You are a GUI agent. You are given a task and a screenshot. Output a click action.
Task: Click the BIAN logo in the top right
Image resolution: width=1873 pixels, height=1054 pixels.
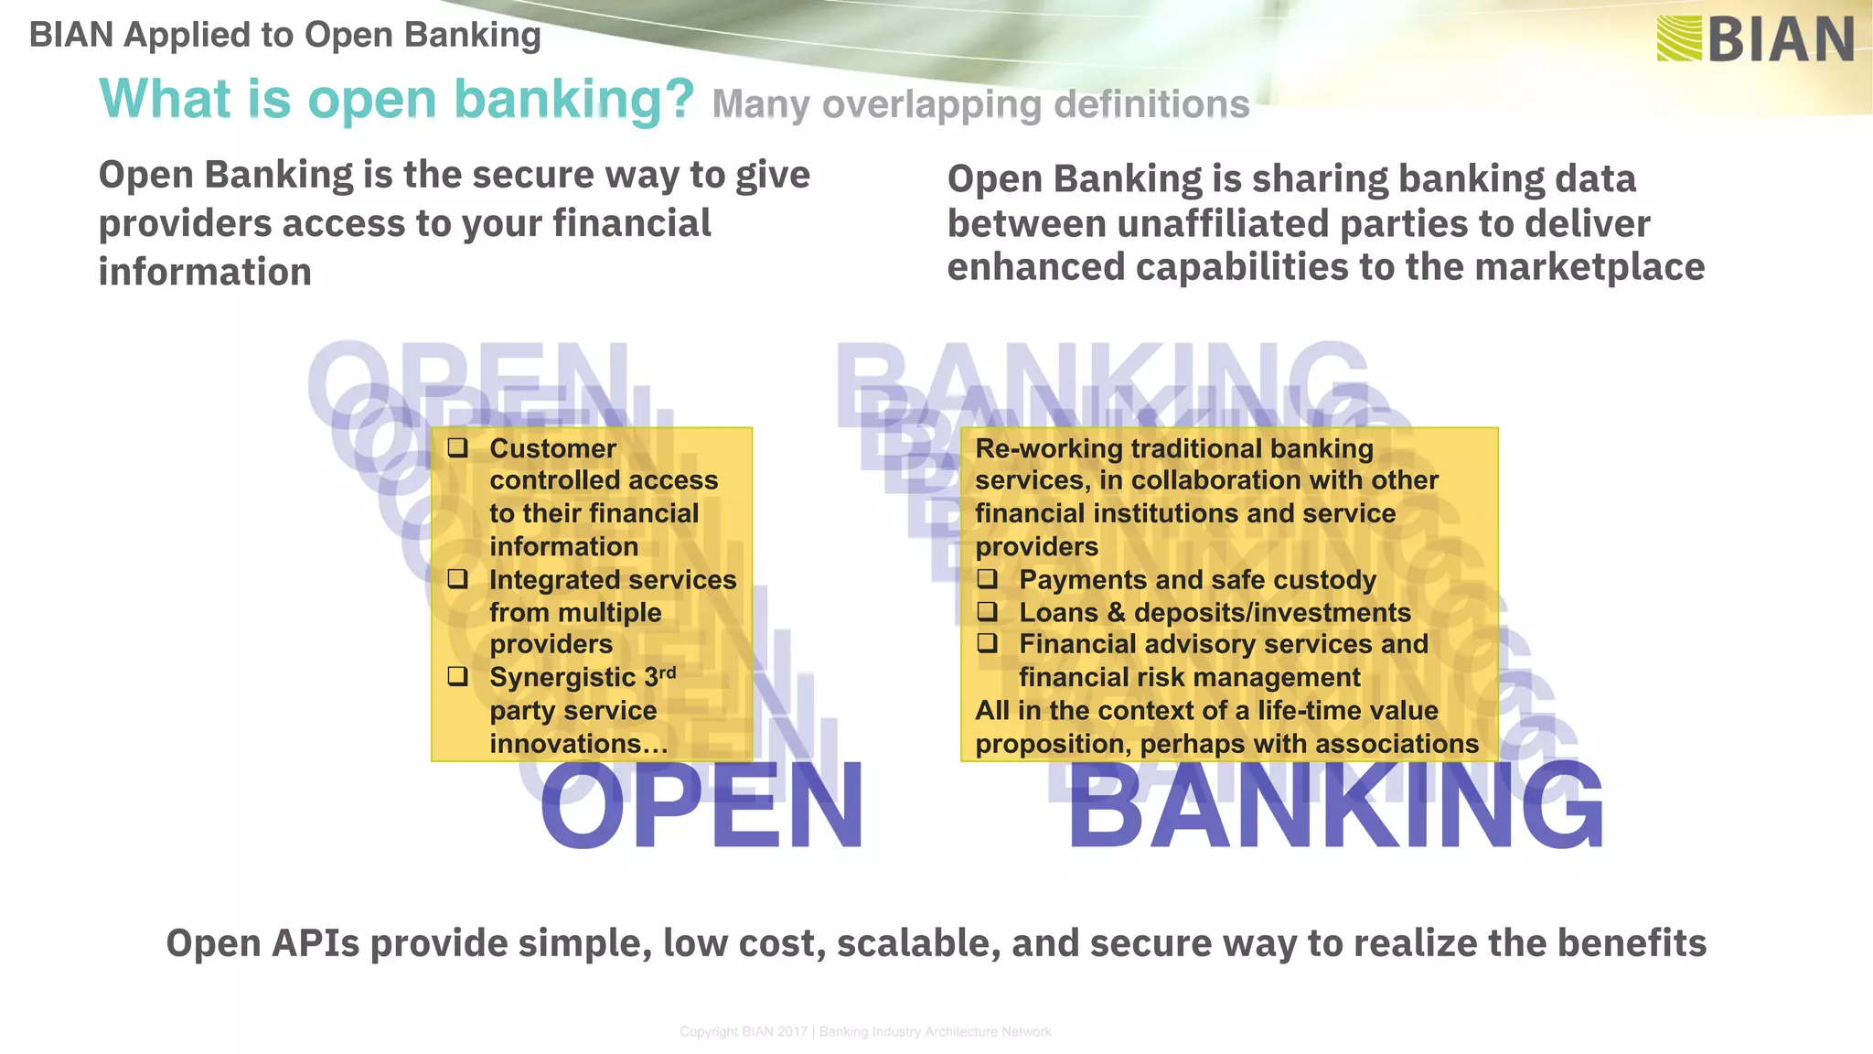point(1754,40)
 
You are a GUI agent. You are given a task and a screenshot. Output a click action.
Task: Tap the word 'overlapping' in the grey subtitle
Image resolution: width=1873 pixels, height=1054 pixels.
point(932,105)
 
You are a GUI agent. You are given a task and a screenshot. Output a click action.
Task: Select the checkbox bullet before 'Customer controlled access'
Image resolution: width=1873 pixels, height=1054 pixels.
point(457,447)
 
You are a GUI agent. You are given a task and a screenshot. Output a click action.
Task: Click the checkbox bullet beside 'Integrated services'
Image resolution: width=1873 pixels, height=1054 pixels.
point(457,578)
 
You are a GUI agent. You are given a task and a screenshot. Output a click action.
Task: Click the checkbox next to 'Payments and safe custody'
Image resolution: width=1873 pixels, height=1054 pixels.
point(987,578)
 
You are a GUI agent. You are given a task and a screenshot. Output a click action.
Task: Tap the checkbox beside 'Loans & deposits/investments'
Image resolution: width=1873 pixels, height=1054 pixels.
point(987,611)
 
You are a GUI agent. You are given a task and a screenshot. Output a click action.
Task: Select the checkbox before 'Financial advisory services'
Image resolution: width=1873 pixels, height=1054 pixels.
point(987,643)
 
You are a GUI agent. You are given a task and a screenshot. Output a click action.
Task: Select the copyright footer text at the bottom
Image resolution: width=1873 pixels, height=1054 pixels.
point(865,1032)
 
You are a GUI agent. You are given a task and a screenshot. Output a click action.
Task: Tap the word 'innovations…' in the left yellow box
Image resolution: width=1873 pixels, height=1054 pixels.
point(579,744)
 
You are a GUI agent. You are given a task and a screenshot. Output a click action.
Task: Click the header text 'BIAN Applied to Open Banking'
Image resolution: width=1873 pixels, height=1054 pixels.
point(284,36)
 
